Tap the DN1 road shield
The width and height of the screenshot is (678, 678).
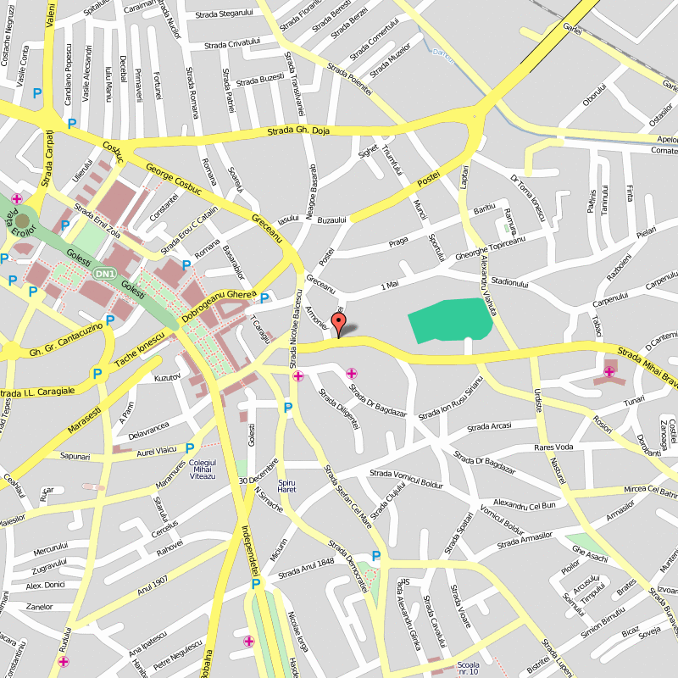[104, 274]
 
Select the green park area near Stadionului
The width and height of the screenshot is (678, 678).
[450, 320]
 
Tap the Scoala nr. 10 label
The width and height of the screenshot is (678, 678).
[468, 668]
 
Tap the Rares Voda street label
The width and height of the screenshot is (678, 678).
[553, 447]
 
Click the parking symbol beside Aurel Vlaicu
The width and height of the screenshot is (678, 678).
[190, 448]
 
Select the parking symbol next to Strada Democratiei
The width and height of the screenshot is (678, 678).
[375, 556]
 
